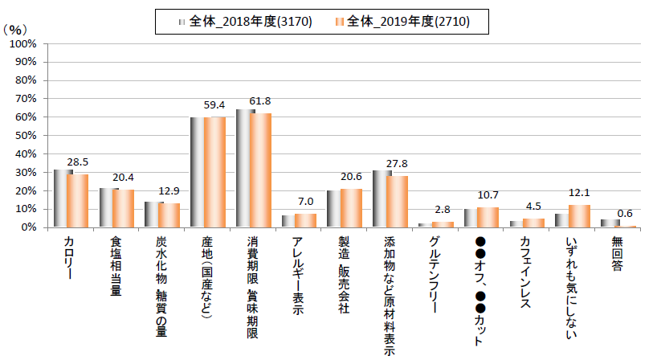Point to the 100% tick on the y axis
coord(23,43)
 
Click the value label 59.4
coord(215,106)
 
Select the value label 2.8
coord(443,210)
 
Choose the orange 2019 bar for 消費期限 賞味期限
coord(261,170)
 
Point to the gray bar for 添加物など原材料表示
coord(380,198)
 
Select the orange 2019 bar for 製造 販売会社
coord(352,208)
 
